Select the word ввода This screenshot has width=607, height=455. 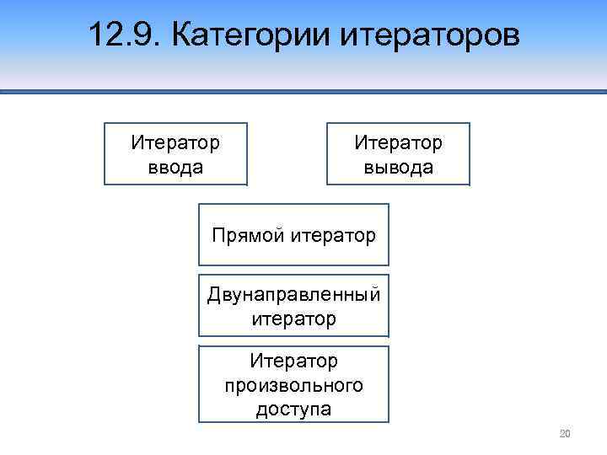175,167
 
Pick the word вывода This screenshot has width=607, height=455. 399,167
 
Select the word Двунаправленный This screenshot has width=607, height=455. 293,295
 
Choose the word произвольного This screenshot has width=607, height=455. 293,385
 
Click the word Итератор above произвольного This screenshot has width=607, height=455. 293,361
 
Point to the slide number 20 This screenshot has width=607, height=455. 565,434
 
